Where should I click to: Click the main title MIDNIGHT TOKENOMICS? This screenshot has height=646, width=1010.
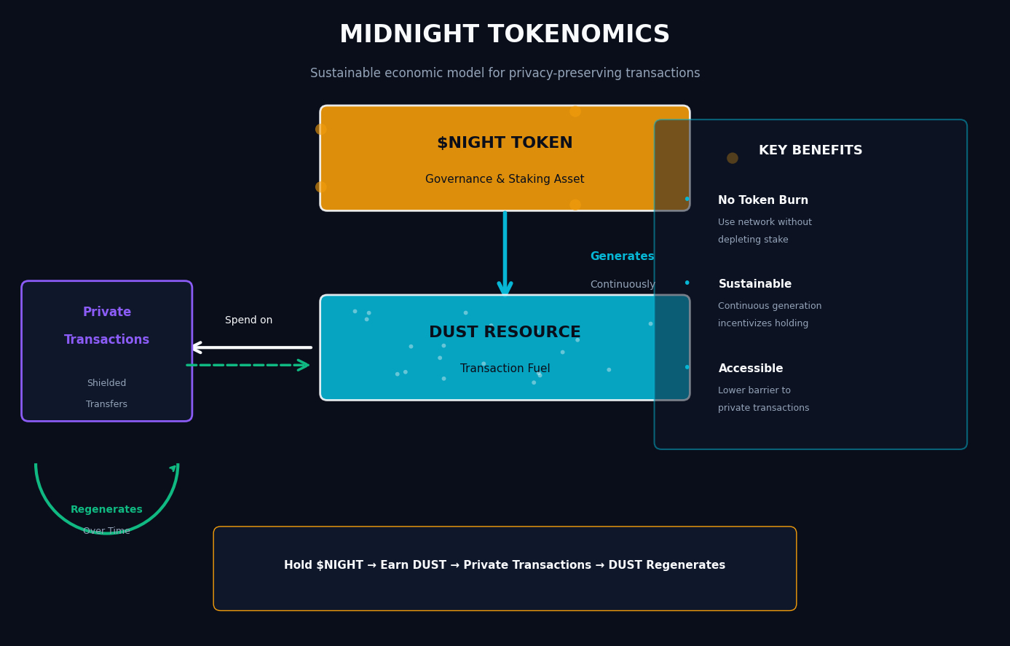505,35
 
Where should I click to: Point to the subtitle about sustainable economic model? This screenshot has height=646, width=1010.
505,74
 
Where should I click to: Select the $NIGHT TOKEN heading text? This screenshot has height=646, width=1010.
505,143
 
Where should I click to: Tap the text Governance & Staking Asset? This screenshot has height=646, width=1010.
505,179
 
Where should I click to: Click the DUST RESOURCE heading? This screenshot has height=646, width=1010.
505,333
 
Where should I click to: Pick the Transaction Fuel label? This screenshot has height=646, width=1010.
505,369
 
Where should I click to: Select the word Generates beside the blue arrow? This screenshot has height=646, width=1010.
622,257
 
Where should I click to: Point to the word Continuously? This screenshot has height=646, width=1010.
623,285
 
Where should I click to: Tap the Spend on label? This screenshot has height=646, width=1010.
248,320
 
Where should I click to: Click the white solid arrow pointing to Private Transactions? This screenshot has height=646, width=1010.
251,347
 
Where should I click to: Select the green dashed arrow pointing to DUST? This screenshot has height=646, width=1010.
248,365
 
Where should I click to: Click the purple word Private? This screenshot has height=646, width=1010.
107,312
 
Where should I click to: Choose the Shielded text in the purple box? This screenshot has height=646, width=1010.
106,383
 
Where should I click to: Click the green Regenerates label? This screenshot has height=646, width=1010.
106,510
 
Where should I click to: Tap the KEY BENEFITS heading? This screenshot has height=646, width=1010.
810,151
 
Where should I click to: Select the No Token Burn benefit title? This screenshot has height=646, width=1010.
762,200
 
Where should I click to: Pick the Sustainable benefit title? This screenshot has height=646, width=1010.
754,285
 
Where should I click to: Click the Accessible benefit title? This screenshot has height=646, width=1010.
750,369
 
